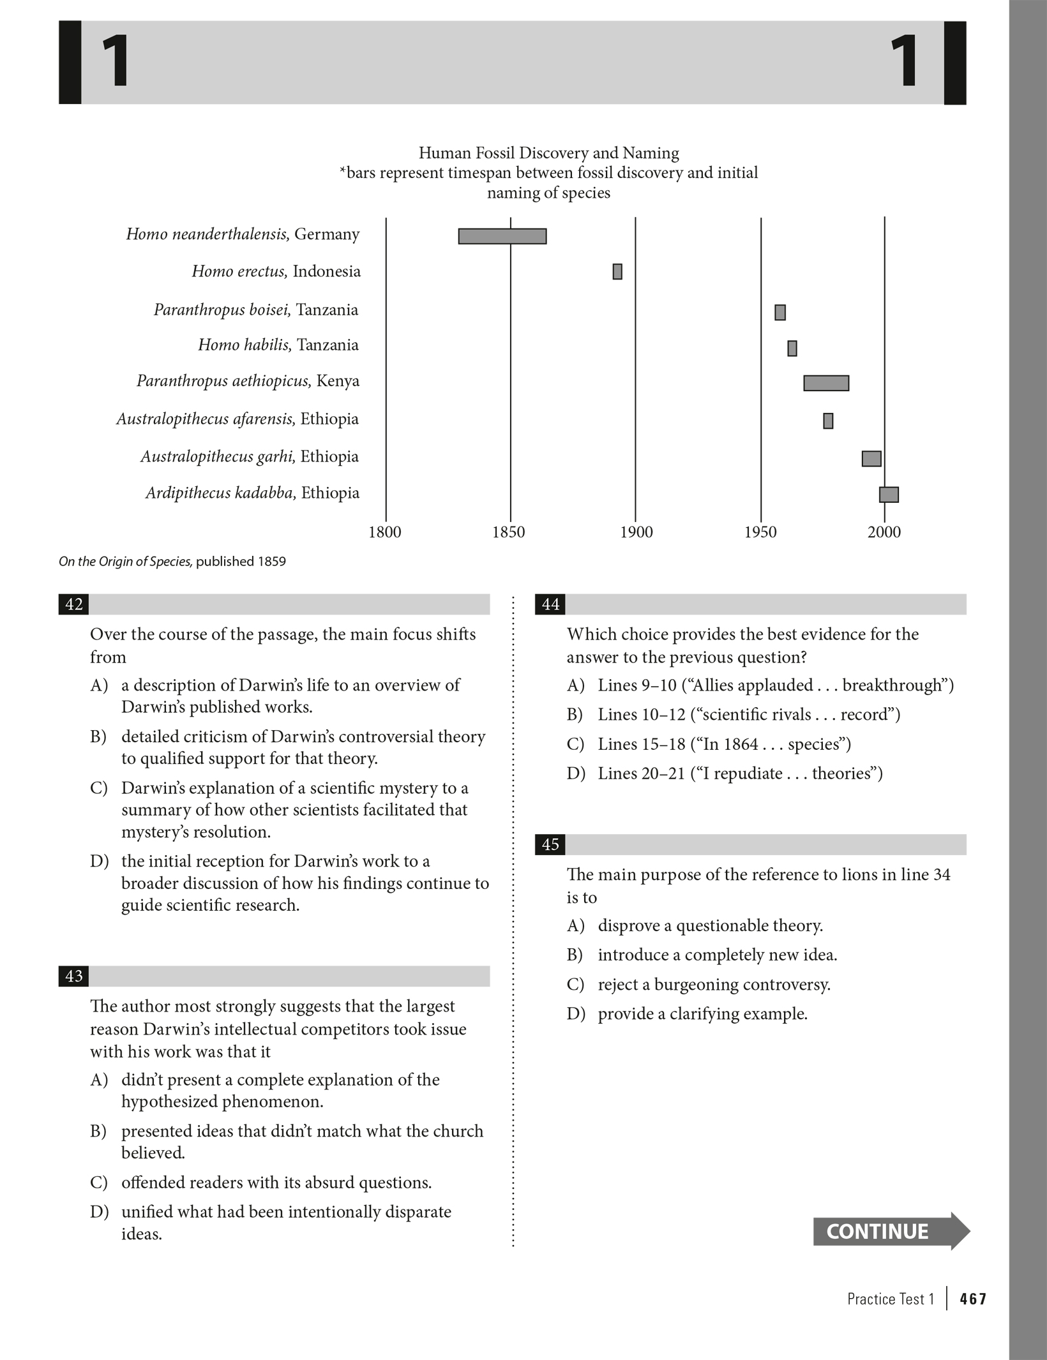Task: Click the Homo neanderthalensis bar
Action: tap(502, 236)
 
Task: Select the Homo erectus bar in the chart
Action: tap(617, 271)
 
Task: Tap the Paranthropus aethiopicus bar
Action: tap(826, 383)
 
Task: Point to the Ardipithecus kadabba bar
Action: tap(889, 495)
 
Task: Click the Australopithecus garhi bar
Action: tap(871, 458)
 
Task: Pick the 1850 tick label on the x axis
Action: tap(509, 532)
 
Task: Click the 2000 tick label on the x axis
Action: tap(884, 532)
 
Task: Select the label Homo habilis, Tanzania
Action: tap(278, 345)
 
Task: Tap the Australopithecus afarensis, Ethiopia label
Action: tap(237, 419)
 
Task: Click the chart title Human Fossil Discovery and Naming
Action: tap(548, 153)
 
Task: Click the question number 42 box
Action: tap(74, 604)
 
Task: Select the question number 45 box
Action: tap(550, 844)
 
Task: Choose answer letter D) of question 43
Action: tap(99, 1212)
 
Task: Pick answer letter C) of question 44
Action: tap(575, 744)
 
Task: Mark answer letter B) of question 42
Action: tap(98, 737)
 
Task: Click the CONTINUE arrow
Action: tap(890, 1231)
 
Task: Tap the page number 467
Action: tap(973, 1299)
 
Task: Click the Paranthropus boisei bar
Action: tap(780, 312)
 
